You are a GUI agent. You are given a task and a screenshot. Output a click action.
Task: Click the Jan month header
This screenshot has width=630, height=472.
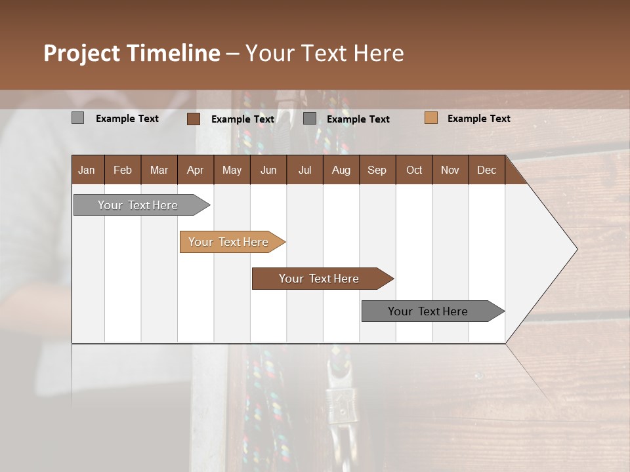(x=87, y=170)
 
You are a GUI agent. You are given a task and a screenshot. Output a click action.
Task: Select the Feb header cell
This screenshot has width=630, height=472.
(x=123, y=170)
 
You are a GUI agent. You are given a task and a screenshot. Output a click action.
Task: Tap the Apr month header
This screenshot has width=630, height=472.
(x=196, y=170)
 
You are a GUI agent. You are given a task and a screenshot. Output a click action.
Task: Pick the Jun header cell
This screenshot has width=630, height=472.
(x=268, y=170)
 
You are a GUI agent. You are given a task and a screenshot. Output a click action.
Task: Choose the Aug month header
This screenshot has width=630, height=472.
(x=341, y=170)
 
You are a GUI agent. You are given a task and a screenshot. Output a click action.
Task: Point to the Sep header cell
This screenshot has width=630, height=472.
(x=377, y=170)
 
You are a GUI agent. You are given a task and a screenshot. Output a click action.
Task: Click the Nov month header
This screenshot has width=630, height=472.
(x=450, y=170)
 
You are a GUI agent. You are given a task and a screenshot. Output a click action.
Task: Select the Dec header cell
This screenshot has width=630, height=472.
(x=487, y=170)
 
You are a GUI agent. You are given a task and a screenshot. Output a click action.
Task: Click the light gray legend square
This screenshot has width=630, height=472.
(x=78, y=118)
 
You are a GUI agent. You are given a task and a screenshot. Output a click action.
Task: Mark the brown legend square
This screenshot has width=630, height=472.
(x=194, y=119)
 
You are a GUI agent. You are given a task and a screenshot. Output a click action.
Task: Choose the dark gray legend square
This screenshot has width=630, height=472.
(x=310, y=118)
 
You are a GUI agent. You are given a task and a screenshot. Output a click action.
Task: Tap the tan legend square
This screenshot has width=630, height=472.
(x=431, y=118)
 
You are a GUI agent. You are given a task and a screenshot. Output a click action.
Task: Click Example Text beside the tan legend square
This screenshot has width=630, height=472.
(x=478, y=119)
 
